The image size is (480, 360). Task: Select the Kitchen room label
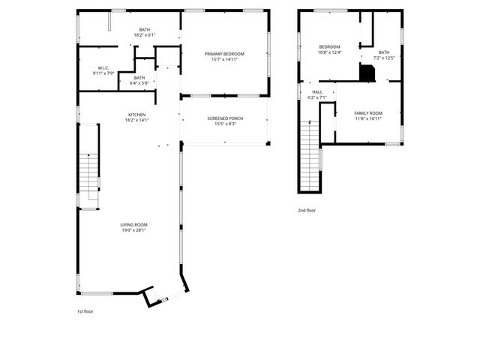136,115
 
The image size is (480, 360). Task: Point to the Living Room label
134,225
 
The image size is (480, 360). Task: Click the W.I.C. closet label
103,68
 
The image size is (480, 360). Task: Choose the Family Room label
368,113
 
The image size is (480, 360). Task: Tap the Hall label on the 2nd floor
317,92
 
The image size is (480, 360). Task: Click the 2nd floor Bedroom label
329,46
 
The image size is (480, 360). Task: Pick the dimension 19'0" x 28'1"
134,230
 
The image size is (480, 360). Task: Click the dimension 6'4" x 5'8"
139,82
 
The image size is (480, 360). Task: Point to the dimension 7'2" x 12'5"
384,58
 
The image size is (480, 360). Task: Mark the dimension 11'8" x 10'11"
368,118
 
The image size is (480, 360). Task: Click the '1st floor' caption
85,310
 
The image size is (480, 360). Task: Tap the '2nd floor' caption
307,211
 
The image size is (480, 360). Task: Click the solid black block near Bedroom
367,73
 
